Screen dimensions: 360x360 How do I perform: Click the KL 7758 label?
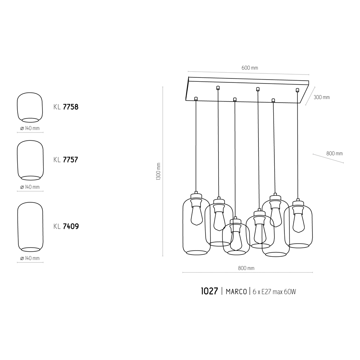[x=66, y=107]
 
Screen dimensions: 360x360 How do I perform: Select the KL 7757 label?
[x=66, y=160]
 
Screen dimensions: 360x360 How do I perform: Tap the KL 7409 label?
[x=66, y=226]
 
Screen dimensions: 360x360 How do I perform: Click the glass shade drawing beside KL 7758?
[x=30, y=107]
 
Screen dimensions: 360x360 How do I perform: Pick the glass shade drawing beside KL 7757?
[x=30, y=160]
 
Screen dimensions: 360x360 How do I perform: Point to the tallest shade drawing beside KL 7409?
[x=30, y=227]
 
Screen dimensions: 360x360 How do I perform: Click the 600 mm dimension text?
[x=250, y=68]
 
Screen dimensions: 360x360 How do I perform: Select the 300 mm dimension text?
[x=321, y=97]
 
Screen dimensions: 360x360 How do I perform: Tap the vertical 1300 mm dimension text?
[x=158, y=172]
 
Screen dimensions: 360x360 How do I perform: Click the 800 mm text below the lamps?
[x=246, y=268]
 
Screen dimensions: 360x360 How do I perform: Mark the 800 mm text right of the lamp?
[x=334, y=153]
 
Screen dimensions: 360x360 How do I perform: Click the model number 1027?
[x=210, y=291]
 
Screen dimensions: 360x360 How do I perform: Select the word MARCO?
[x=236, y=292]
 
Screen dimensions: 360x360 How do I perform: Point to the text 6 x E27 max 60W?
[x=274, y=292]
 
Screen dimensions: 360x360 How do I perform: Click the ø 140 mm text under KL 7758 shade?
[x=30, y=128]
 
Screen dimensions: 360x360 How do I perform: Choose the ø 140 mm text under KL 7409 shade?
[x=30, y=258]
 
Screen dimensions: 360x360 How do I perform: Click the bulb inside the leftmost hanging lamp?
[x=196, y=215]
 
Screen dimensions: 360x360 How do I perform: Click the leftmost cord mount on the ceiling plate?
[x=196, y=98]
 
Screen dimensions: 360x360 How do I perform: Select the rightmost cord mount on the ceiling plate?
[x=297, y=90]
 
